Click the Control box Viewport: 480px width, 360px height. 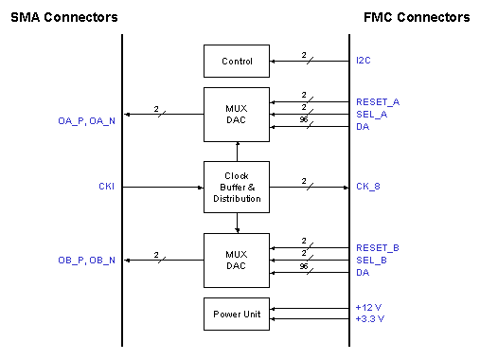[237, 62]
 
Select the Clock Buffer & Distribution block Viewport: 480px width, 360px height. [237, 187]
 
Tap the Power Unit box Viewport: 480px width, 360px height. [237, 314]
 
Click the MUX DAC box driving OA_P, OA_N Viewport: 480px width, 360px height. [237, 115]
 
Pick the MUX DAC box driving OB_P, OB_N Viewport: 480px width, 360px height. [237, 260]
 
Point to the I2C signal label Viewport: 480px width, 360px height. [364, 62]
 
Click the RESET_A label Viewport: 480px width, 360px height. [377, 101]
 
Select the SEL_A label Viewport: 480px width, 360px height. [371, 114]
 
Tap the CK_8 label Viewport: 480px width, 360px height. [368, 187]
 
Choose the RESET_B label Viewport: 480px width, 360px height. [377, 247]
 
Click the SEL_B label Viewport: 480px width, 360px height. [371, 260]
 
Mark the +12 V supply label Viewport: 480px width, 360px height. [368, 308]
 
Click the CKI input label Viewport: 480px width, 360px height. [106, 187]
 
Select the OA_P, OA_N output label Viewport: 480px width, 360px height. [86, 120]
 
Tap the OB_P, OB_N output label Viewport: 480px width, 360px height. [86, 260]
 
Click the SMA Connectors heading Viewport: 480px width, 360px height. [64, 17]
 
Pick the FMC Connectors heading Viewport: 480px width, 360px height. [417, 17]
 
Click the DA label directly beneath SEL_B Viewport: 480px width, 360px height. [363, 273]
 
